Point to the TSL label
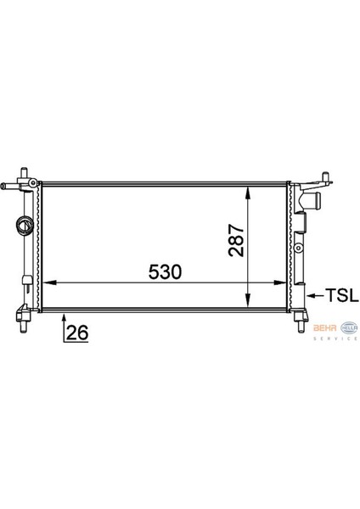(340, 295)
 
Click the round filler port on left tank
(24, 227)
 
